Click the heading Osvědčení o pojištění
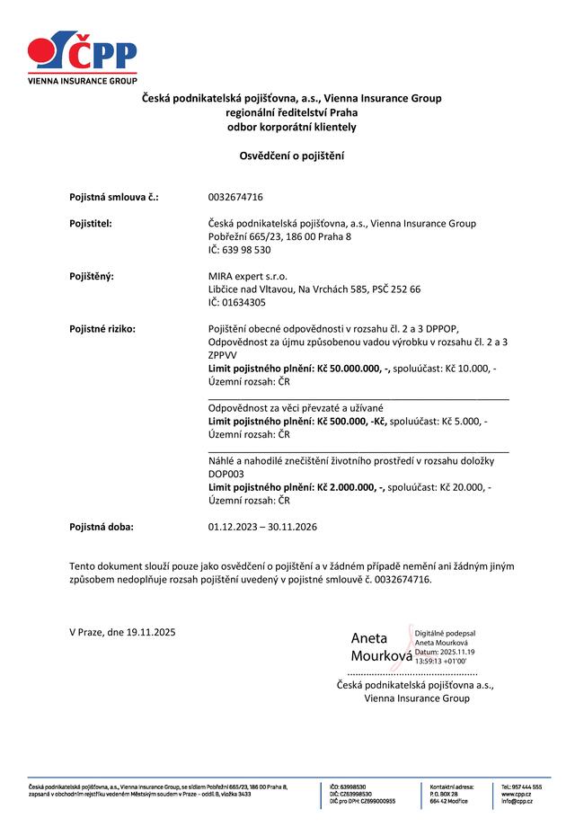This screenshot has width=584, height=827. tap(291, 156)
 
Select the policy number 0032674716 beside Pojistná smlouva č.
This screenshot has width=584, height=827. tap(235, 196)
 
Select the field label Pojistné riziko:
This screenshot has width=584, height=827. tap(102, 329)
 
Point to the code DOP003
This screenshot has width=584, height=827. tap(226, 474)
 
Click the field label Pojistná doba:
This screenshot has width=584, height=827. tap(101, 526)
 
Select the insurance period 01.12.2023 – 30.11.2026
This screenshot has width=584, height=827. tap(262, 526)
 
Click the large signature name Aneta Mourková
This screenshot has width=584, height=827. tap(380, 646)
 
